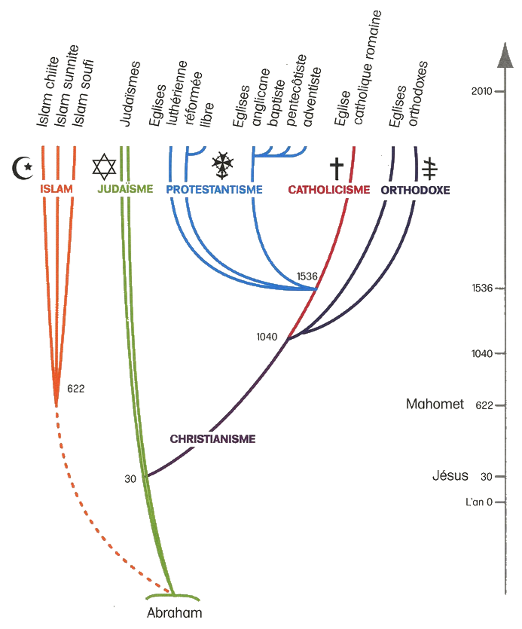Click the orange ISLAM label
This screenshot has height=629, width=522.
[56, 189]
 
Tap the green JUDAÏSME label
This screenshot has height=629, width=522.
[125, 189]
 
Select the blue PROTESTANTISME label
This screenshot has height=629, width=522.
[214, 189]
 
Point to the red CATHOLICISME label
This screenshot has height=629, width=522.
[329, 189]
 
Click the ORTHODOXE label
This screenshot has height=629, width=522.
[415, 190]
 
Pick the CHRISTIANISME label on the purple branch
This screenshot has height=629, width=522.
[213, 439]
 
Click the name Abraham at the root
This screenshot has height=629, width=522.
[174, 613]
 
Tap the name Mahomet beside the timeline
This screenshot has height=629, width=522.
[435, 404]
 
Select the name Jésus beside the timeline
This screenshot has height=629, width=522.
[450, 476]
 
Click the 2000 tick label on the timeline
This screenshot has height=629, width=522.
[482, 91]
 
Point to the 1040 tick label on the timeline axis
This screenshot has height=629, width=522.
[482, 354]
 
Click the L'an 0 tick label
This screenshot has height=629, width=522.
[479, 502]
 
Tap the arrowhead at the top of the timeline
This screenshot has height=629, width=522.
[505, 56]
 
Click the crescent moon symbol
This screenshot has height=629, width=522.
[23, 168]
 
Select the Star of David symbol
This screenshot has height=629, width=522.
[104, 166]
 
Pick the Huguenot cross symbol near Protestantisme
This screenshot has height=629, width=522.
[223, 165]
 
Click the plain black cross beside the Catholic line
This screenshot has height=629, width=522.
[336, 168]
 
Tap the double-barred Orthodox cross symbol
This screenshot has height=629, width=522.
[429, 168]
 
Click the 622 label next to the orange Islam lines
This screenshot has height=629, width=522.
[76, 389]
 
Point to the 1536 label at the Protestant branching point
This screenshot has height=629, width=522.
[307, 276]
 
